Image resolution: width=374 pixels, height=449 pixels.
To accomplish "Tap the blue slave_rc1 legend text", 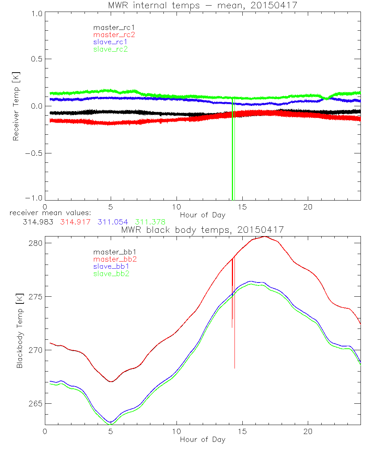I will (110, 42).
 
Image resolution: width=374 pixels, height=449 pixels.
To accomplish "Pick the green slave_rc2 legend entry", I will (110, 49).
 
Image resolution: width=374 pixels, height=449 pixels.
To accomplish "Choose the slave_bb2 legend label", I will (112, 274).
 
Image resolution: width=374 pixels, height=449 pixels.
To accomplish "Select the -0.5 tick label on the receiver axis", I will (32, 153).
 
